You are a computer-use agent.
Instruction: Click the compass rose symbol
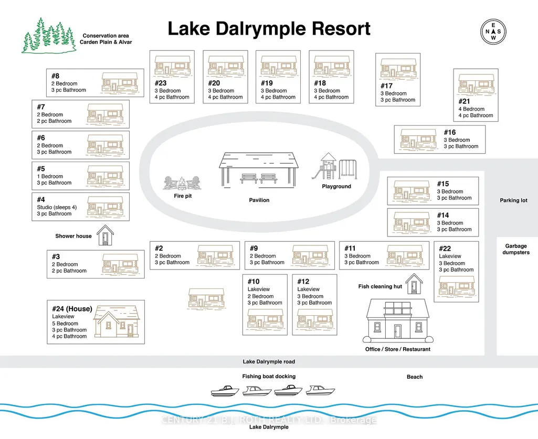point(493,31)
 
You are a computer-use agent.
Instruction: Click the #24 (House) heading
point(72,309)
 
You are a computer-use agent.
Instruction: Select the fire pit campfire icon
point(182,184)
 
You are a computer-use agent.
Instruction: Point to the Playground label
point(336,186)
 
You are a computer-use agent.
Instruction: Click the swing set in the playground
point(348,169)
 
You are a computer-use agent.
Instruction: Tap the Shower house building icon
point(105,235)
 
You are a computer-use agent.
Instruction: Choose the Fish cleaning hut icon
point(414,284)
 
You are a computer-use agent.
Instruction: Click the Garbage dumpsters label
point(516,249)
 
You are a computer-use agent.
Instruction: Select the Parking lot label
point(513,200)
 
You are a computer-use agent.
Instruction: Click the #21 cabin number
point(464,101)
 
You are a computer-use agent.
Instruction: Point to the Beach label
point(415,377)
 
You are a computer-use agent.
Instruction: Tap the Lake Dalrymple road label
point(269,361)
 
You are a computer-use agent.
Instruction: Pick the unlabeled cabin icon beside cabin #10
point(206,298)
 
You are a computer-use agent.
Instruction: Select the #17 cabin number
point(386,85)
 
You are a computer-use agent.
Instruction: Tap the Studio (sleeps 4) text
point(57,207)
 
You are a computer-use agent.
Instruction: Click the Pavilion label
point(259,200)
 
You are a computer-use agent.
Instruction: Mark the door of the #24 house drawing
point(130,329)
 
